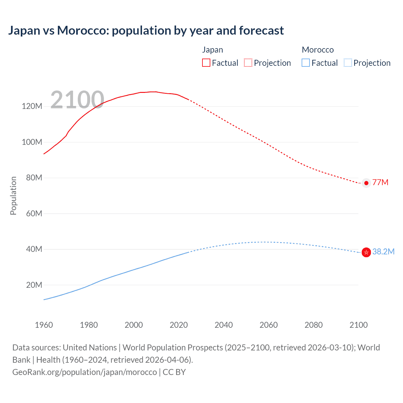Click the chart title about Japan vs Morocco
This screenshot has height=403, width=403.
pyautogui.click(x=146, y=31)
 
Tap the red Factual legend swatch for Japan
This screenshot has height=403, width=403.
pyautogui.click(x=206, y=63)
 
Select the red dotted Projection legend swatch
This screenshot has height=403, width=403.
pyautogui.click(x=248, y=63)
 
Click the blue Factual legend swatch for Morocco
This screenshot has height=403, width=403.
pyautogui.click(x=305, y=63)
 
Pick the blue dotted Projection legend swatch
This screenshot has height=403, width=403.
pyautogui.click(x=348, y=63)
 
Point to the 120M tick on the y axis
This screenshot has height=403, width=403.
pyautogui.click(x=32, y=106)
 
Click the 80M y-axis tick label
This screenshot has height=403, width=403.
pyautogui.click(x=34, y=178)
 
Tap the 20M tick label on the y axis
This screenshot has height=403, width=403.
pyautogui.click(x=34, y=285)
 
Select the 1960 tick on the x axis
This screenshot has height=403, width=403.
pyautogui.click(x=44, y=325)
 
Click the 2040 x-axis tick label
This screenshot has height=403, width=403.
pyautogui.click(x=224, y=325)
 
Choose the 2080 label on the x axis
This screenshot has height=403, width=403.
pyautogui.click(x=314, y=325)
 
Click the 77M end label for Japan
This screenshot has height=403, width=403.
pyautogui.click(x=380, y=183)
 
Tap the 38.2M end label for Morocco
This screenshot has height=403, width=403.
pyautogui.click(x=383, y=252)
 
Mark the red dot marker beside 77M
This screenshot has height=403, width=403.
pyautogui.click(x=366, y=183)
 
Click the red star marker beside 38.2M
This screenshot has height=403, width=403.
pyautogui.click(x=366, y=252)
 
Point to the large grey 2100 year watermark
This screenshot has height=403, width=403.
pyautogui.click(x=77, y=100)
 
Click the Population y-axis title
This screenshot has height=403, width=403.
pyautogui.click(x=13, y=196)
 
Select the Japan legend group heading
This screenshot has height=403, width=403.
pyautogui.click(x=213, y=50)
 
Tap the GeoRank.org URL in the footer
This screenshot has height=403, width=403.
pyautogui.click(x=84, y=372)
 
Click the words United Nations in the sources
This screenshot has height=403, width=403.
pyautogui.click(x=90, y=348)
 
